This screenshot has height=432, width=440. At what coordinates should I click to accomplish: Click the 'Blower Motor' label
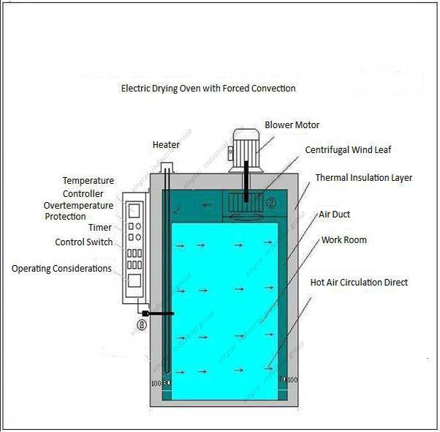[292, 125]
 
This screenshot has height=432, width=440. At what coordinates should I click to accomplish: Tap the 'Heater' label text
[166, 144]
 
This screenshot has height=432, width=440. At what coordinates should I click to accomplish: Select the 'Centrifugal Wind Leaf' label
[348, 150]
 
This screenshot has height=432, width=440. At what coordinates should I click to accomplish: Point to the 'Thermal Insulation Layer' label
[363, 178]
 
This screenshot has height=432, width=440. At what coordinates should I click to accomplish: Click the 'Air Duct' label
[335, 215]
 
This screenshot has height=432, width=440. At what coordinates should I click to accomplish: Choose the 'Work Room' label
[344, 240]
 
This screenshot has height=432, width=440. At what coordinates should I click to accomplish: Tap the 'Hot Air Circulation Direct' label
[359, 282]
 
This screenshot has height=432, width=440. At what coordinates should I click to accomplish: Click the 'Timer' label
[100, 228]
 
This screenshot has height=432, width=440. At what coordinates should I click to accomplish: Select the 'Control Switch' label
[84, 242]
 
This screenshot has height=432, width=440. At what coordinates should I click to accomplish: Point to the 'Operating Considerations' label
[61, 269]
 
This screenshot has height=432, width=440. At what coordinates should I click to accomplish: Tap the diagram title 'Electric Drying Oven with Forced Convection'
[208, 89]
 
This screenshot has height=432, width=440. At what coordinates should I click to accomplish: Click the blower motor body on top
[246, 142]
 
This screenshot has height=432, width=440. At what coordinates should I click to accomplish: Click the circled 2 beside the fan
[270, 202]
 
